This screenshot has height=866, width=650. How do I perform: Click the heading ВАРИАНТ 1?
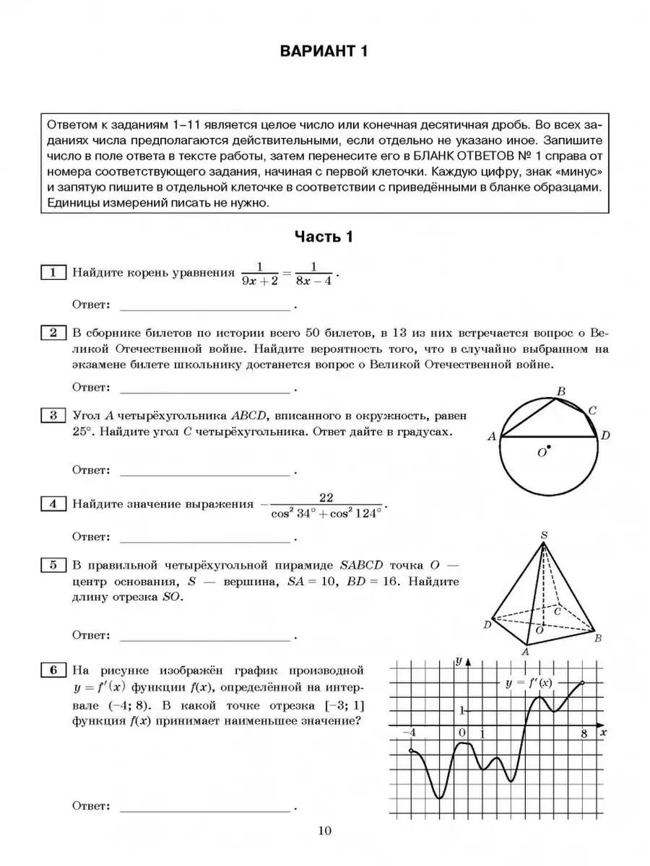324,52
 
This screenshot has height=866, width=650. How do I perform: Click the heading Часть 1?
324,237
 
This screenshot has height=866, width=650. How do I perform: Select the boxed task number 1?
53,273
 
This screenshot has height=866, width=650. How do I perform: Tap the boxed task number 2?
53,333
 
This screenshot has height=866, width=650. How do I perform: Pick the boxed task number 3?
53,416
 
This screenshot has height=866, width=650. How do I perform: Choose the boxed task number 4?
53,504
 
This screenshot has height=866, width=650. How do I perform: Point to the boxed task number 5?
53,565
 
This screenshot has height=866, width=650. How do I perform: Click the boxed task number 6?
53,670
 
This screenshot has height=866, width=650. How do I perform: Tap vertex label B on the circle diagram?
560,392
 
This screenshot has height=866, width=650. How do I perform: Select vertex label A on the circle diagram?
492,437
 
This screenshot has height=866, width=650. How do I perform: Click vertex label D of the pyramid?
487,624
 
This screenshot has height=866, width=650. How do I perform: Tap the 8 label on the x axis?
582,732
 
